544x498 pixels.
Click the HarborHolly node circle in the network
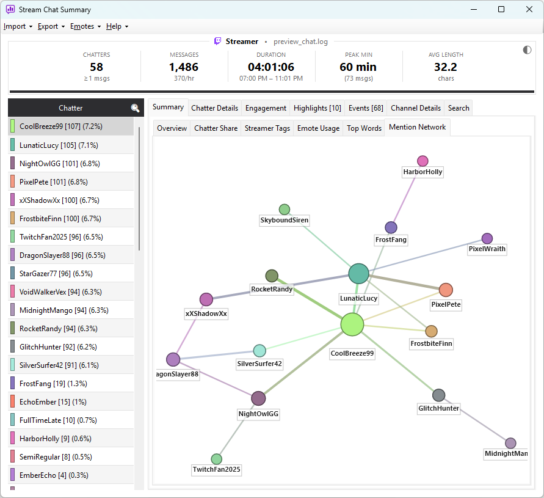pos(423,161)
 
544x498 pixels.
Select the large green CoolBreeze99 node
pos(352,324)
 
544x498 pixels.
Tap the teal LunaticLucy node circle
pos(358,274)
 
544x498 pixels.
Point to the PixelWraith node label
pos(487,249)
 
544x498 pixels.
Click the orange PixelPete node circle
pos(446,290)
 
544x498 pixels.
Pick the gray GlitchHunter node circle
pos(438,395)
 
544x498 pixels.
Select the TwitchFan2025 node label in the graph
pos(216,469)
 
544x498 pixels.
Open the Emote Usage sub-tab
pos(318,128)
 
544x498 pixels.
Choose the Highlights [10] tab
pos(317,108)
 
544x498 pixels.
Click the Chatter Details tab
pos(214,108)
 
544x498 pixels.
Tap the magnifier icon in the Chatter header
pos(136,108)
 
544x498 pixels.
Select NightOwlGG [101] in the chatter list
pos(60,164)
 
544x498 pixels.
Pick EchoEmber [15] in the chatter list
pos(53,402)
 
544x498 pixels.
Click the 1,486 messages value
pos(184,67)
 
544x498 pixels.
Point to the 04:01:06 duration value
pos(271,67)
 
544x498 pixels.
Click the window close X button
pos(529,9)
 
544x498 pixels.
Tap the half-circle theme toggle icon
pos(527,50)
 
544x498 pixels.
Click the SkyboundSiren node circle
pos(284,210)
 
